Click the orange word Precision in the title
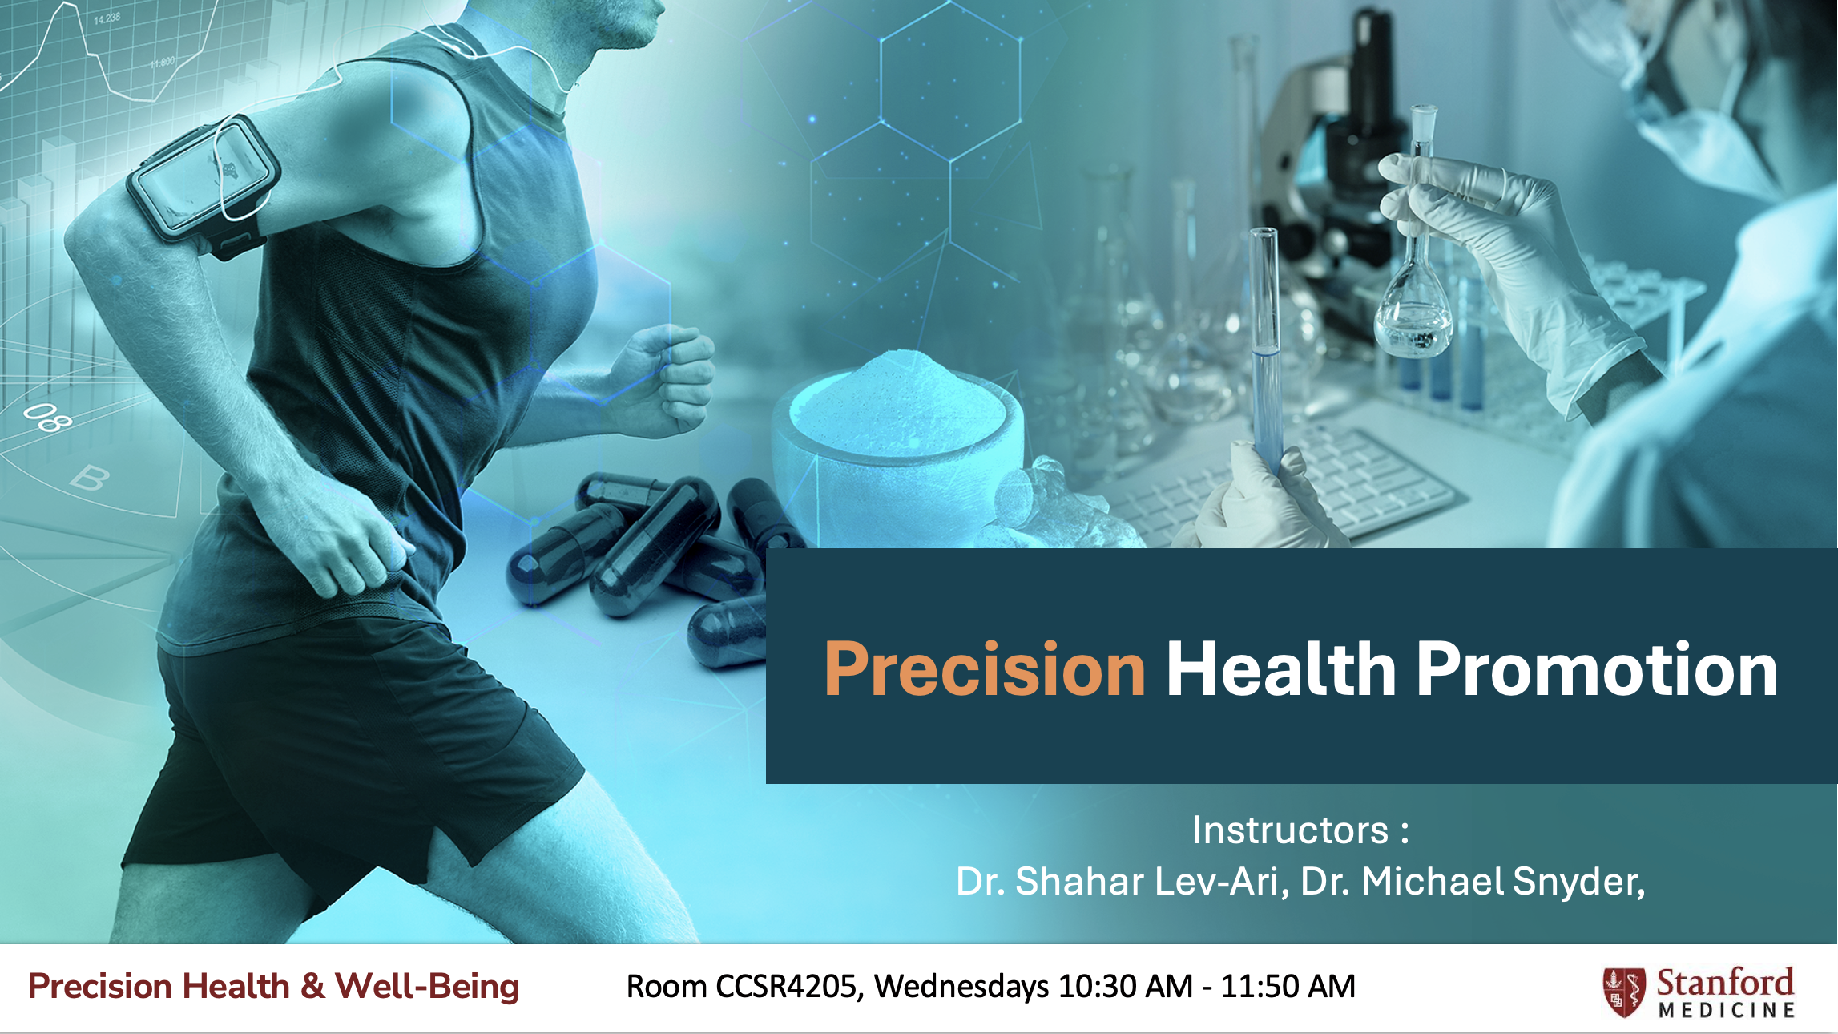[x=985, y=669]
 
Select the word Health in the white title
[x=1281, y=669]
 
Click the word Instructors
[x=1290, y=830]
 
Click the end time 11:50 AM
[x=1288, y=987]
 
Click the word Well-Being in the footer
[x=427, y=987]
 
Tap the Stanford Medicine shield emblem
[x=1624, y=992]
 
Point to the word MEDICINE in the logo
[x=1727, y=1010]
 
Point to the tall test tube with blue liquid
[x=1265, y=353]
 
